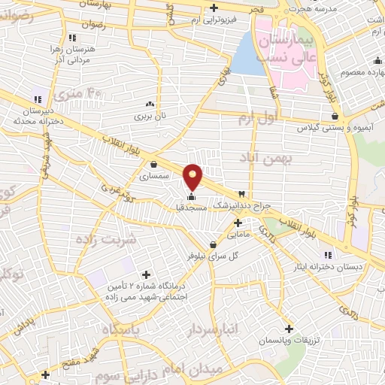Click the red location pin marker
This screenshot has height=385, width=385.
[x=193, y=176]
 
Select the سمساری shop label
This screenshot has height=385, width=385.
[x=154, y=176]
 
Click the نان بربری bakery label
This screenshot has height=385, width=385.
[x=150, y=117]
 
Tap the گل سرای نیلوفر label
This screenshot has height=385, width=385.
[x=213, y=256]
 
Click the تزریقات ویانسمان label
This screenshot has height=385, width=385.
[x=290, y=341]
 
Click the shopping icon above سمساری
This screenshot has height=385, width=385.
[x=154, y=165]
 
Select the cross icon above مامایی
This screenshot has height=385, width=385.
[x=238, y=223]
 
